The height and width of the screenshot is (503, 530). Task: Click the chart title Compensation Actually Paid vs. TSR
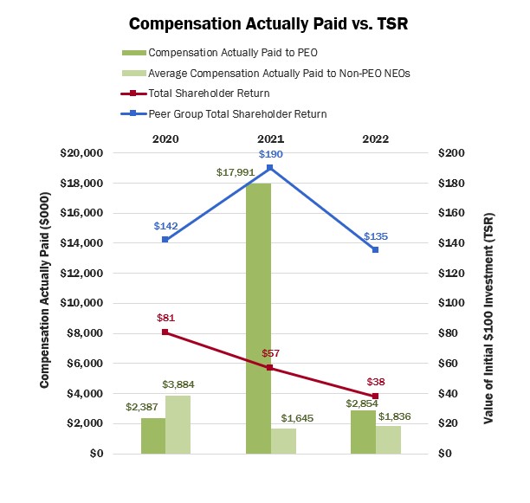[x=263, y=22]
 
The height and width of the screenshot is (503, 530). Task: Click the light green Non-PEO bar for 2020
[x=178, y=424]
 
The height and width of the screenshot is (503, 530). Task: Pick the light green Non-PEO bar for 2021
[x=283, y=441]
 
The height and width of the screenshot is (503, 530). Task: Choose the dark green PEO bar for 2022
[x=363, y=432]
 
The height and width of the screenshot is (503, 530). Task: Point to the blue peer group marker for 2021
[x=270, y=167]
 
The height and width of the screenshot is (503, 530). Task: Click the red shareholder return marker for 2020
[x=165, y=332]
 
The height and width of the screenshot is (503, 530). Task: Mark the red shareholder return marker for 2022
[x=375, y=396]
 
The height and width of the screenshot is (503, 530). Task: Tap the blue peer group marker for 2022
[x=375, y=249]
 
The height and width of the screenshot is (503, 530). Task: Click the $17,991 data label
[x=234, y=172]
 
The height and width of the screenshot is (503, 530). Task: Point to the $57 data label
[x=270, y=353]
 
